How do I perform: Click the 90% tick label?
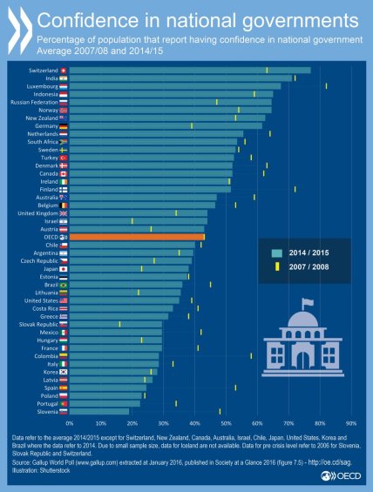coord(351,422)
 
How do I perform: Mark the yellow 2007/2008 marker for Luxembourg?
coord(326,86)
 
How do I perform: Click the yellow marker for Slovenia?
coord(220,411)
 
